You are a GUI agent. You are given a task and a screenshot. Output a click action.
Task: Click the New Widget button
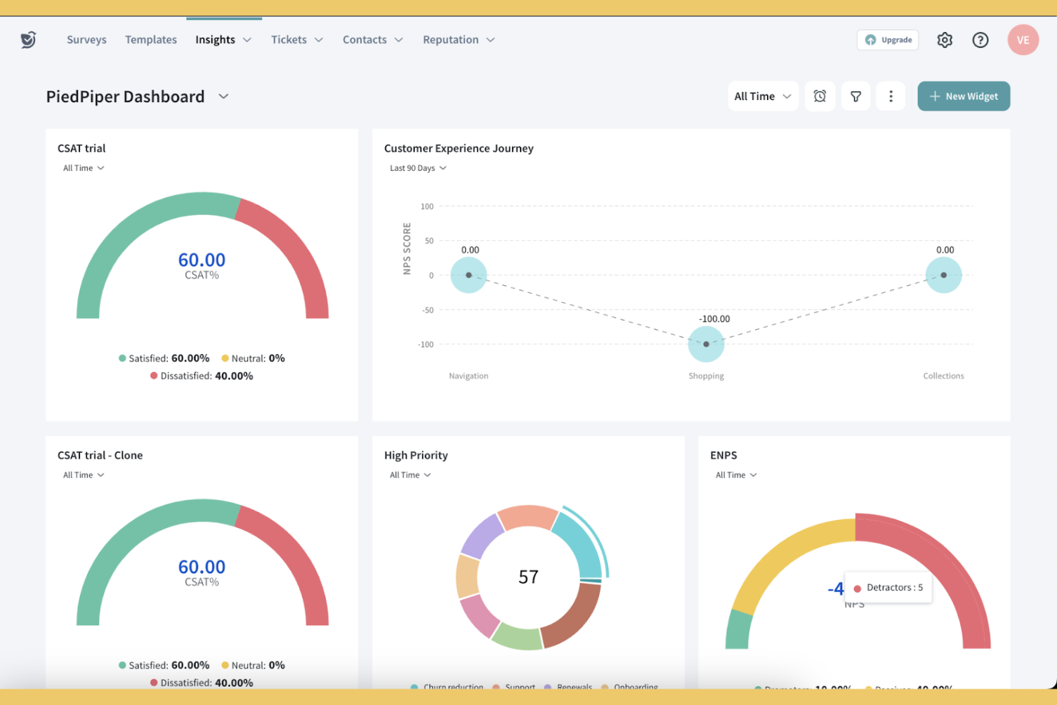pyautogui.click(x=963, y=96)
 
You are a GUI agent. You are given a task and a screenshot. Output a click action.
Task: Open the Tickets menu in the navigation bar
pyautogui.click(x=296, y=40)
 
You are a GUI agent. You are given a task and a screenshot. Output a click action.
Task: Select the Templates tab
pyautogui.click(x=151, y=40)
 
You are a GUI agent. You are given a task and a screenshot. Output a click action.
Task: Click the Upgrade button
pyautogui.click(x=888, y=40)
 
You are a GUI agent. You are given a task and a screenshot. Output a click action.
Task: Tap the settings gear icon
pyautogui.click(x=945, y=40)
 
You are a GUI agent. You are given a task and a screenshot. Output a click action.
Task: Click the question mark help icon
pyautogui.click(x=981, y=40)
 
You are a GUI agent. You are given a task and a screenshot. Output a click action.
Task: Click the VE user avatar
pyautogui.click(x=1023, y=40)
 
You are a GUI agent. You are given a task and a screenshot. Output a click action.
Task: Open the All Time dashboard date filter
pyautogui.click(x=762, y=96)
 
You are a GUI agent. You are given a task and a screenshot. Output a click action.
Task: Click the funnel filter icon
pyautogui.click(x=856, y=96)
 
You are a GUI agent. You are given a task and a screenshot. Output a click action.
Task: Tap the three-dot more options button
pyautogui.click(x=891, y=96)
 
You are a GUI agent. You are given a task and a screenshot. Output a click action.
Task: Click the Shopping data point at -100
pyautogui.click(x=706, y=344)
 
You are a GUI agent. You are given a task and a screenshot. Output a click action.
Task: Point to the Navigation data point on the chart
pyautogui.click(x=469, y=275)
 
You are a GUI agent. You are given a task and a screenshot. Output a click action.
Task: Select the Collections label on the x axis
pyautogui.click(x=943, y=376)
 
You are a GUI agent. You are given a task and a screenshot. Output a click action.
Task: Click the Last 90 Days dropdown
pyautogui.click(x=418, y=169)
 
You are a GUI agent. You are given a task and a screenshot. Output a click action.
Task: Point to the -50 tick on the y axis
pyautogui.click(x=427, y=310)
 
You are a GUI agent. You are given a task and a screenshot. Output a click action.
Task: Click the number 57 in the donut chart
pyautogui.click(x=528, y=577)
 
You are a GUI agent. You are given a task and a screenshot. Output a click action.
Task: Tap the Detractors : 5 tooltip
pyautogui.click(x=888, y=588)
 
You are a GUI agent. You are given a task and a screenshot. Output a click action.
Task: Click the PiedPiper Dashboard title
pyautogui.click(x=126, y=96)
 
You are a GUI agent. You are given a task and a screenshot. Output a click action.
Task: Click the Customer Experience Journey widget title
pyautogui.click(x=459, y=149)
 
